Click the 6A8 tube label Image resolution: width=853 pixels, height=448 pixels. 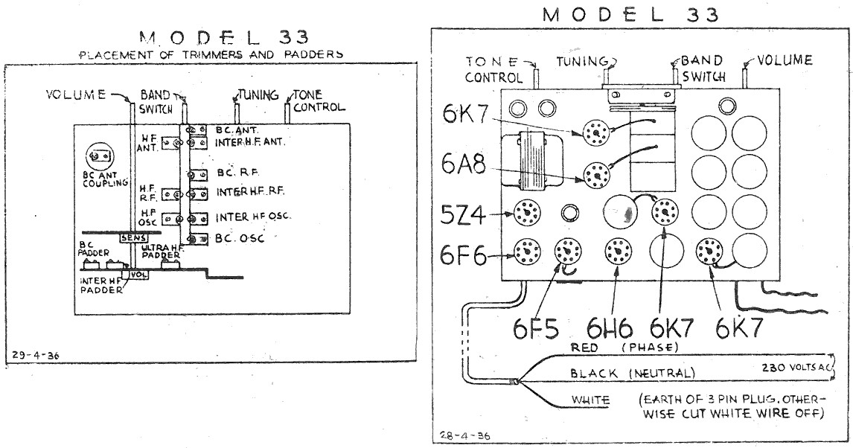pyautogui.click(x=463, y=165)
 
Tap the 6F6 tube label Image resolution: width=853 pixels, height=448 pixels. pyautogui.click(x=463, y=256)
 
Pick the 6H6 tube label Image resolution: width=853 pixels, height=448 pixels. pyautogui.click(x=610, y=328)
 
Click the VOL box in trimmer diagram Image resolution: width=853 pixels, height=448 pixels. pyautogui.click(x=138, y=275)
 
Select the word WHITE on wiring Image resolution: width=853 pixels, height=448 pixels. pyautogui.click(x=590, y=400)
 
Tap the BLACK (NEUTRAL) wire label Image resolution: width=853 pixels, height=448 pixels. pyautogui.click(x=631, y=373)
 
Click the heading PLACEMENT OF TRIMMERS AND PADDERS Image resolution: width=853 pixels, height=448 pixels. pyautogui.click(x=211, y=54)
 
